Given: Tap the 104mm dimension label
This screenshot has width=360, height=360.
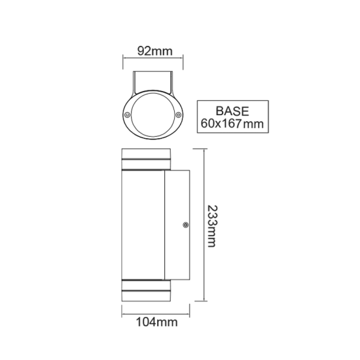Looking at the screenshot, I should pos(152,321).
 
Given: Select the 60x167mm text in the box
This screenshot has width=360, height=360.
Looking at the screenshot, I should pos(233,122).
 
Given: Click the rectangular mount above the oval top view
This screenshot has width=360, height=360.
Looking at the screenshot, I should pos(153,81).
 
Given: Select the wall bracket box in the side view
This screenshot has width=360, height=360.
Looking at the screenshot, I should pos(177,225).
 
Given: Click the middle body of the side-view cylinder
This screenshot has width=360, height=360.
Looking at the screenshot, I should pos(143,225).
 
